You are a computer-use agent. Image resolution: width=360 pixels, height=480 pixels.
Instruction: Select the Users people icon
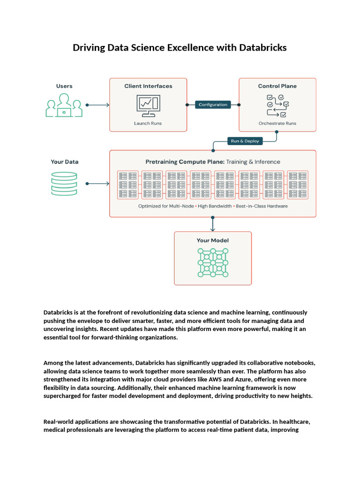[64, 105]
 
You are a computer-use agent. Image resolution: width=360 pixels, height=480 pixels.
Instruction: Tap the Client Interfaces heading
[148, 86]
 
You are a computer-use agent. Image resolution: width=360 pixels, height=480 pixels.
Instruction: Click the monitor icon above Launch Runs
[148, 106]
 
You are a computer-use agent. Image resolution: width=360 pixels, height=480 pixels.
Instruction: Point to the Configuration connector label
[213, 105]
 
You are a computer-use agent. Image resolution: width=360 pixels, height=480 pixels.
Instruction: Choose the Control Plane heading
[277, 86]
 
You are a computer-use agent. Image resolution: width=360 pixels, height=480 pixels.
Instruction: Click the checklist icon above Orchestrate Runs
[277, 106]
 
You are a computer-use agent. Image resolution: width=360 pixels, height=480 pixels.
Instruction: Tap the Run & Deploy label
[245, 141]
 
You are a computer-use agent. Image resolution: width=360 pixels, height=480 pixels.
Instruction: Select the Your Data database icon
[64, 183]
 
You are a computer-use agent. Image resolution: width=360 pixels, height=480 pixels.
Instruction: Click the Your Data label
[64, 162]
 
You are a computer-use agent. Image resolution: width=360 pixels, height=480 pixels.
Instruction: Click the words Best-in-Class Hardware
[262, 206]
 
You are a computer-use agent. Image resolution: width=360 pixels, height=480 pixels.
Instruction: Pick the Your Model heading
[213, 240]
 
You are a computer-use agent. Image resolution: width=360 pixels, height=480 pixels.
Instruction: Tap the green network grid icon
[213, 262]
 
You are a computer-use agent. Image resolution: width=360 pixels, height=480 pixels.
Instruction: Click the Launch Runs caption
[148, 123]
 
